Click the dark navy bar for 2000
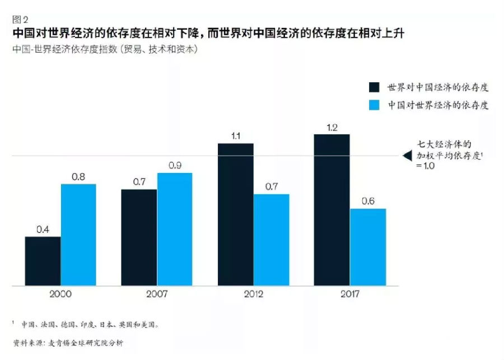pyautogui.click(x=43, y=261)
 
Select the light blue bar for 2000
pyautogui.click(x=78, y=235)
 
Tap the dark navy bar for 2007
pyautogui.click(x=139, y=238)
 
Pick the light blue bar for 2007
pyautogui.click(x=175, y=230)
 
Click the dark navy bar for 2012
pyautogui.click(x=235, y=215)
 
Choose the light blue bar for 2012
pyautogui.click(x=271, y=240)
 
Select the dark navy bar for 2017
pyautogui.click(x=332, y=211)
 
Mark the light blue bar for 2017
pyautogui.click(x=368, y=247)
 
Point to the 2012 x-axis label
pyautogui.click(x=253, y=294)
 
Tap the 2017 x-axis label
pyautogui.click(x=349, y=294)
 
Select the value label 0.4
pyautogui.click(x=43, y=230)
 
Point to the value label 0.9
pyautogui.click(x=175, y=166)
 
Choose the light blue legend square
pyautogui.click(x=374, y=105)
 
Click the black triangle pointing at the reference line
pyautogui.click(x=407, y=156)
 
